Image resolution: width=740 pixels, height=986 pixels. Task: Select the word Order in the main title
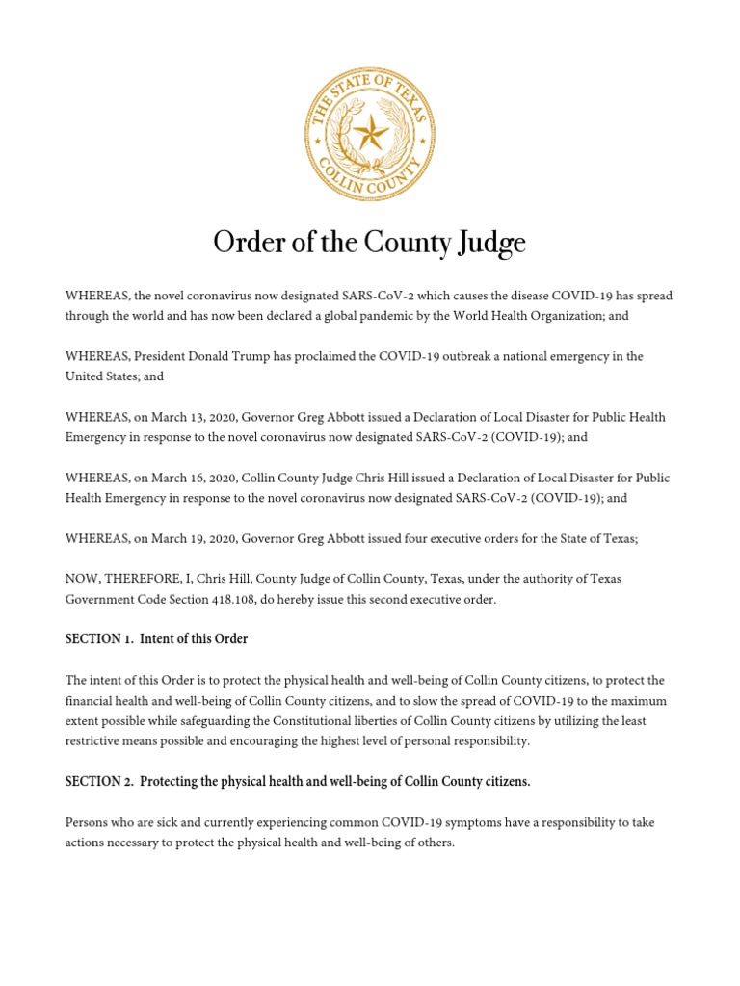tap(246, 243)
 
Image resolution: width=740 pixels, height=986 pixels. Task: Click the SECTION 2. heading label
tap(99, 781)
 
